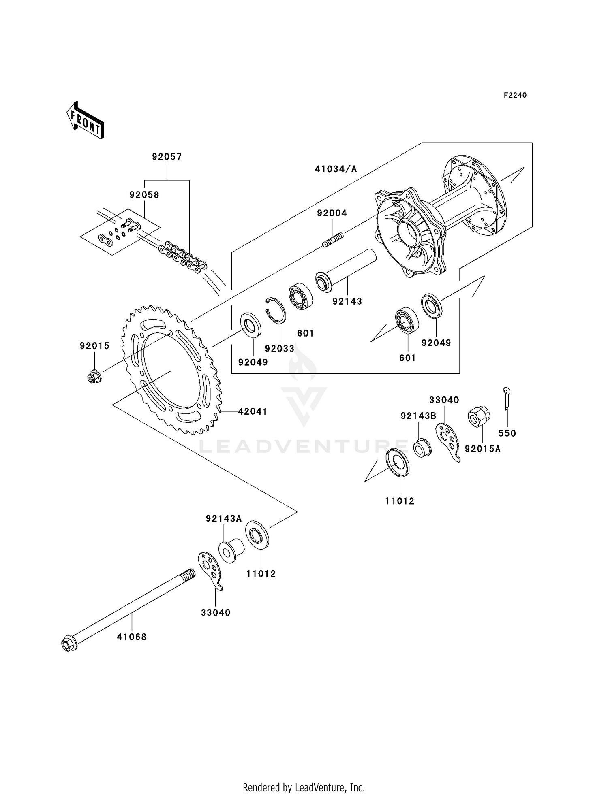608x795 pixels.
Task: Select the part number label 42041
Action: tap(252, 411)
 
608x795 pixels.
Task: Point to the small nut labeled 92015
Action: tap(94, 377)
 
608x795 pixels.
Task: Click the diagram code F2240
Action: tap(515, 95)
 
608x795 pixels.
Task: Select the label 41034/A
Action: tap(336, 169)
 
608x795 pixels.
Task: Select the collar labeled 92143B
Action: tap(422, 448)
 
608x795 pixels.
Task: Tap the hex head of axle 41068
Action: tap(68, 644)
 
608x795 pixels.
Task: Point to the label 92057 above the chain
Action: tap(167, 157)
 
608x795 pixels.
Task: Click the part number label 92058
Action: tap(144, 195)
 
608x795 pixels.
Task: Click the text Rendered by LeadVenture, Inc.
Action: tap(304, 787)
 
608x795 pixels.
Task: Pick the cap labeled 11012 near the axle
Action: tap(257, 535)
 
